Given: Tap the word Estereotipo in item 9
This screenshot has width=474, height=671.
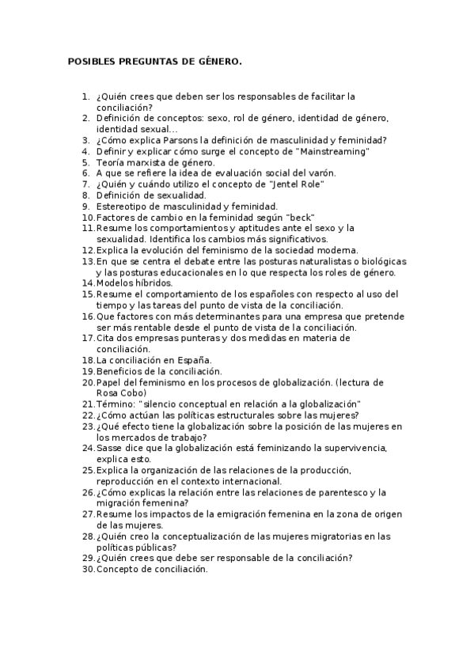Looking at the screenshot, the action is tap(123, 206).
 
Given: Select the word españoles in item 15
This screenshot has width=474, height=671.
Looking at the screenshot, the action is tap(290, 294).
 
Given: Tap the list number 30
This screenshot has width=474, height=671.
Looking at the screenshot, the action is tap(88, 568).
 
